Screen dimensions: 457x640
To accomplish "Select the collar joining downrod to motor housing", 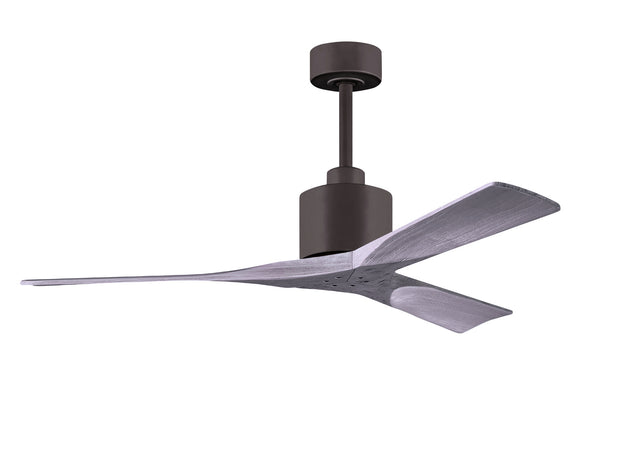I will pos(345,175).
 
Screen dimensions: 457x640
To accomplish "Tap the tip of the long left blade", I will pos(25,281).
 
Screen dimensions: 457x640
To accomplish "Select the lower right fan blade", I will pos(440,300).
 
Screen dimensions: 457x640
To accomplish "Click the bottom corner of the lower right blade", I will pos(466,331).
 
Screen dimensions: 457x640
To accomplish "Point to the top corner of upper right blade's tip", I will pos(505,184).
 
